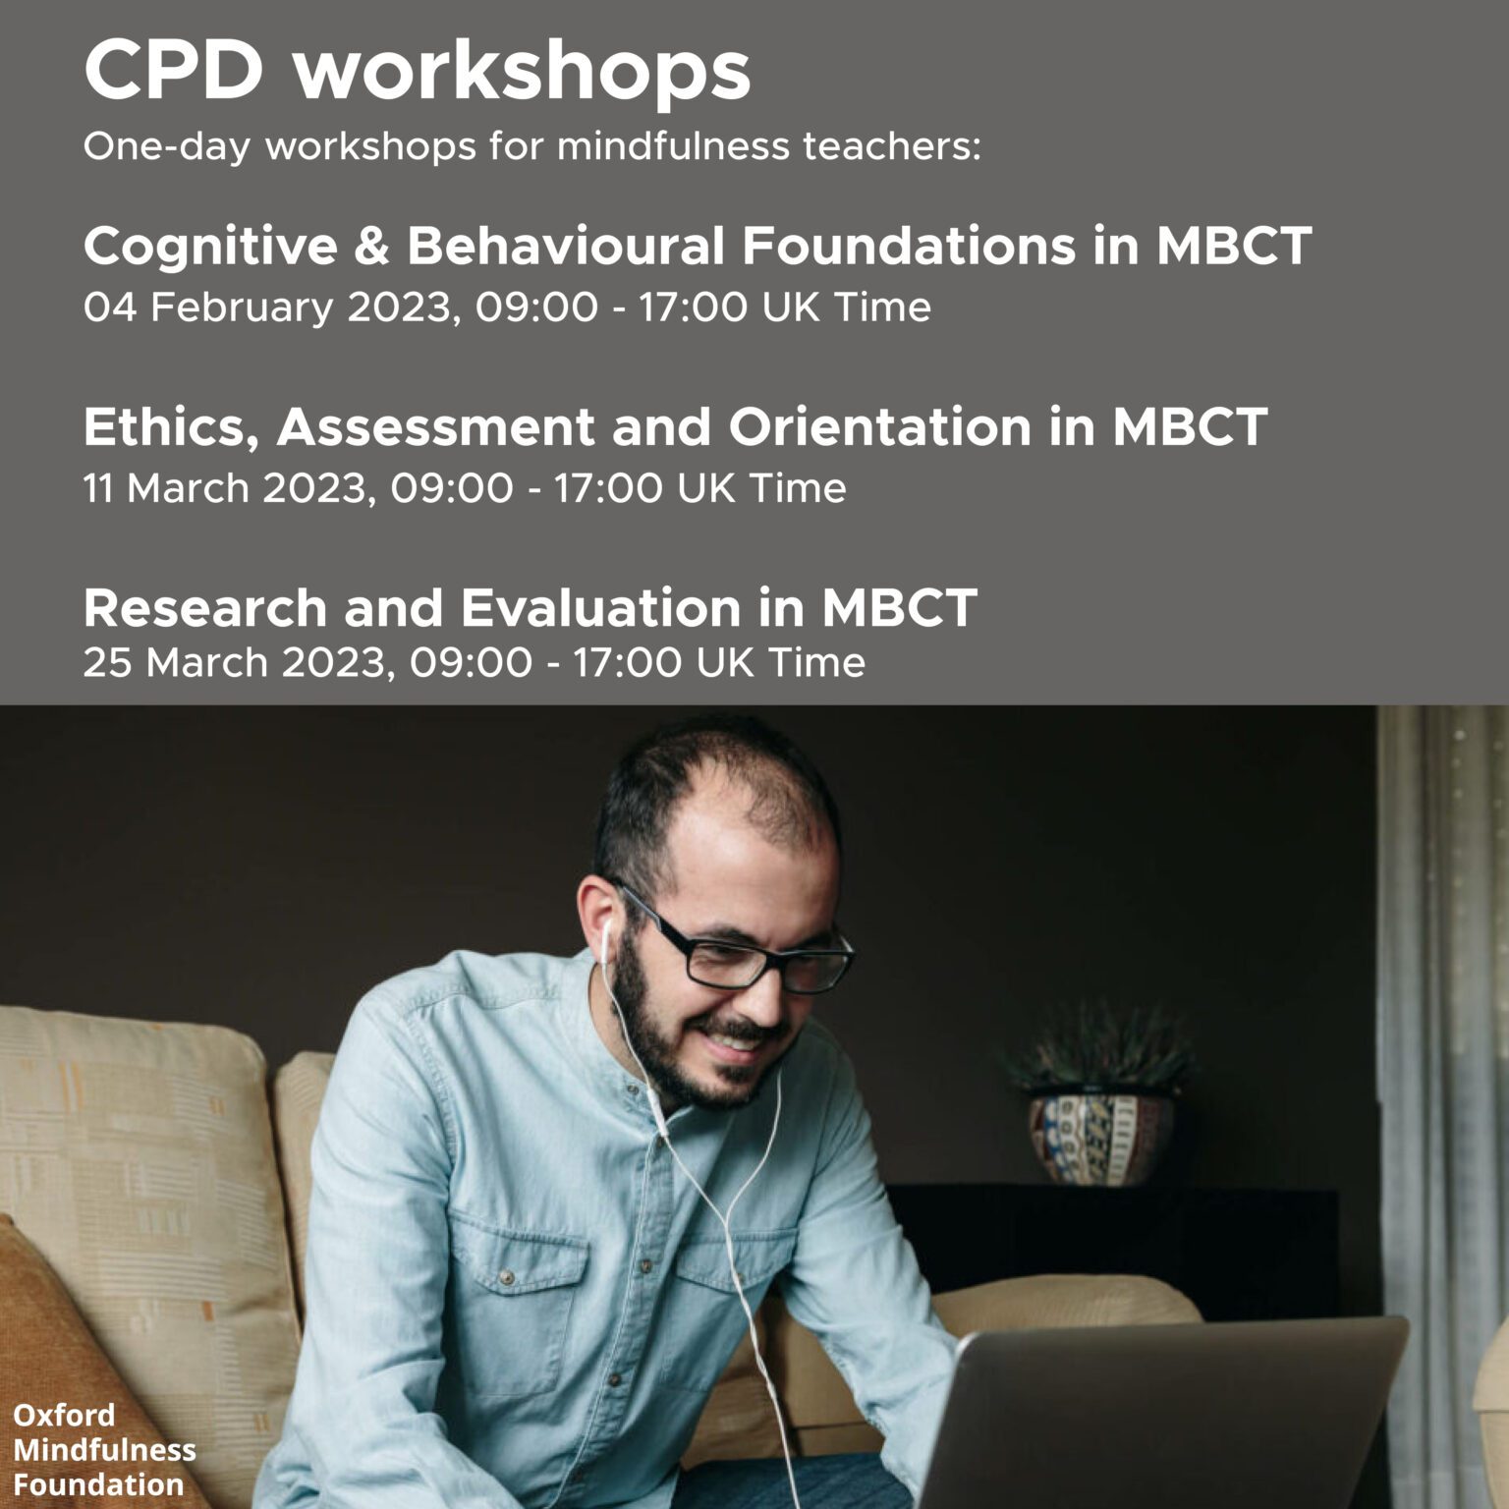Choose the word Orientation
tap(880, 427)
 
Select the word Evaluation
tap(600, 608)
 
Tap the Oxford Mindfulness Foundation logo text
tap(104, 1449)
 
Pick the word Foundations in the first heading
tap(909, 245)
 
